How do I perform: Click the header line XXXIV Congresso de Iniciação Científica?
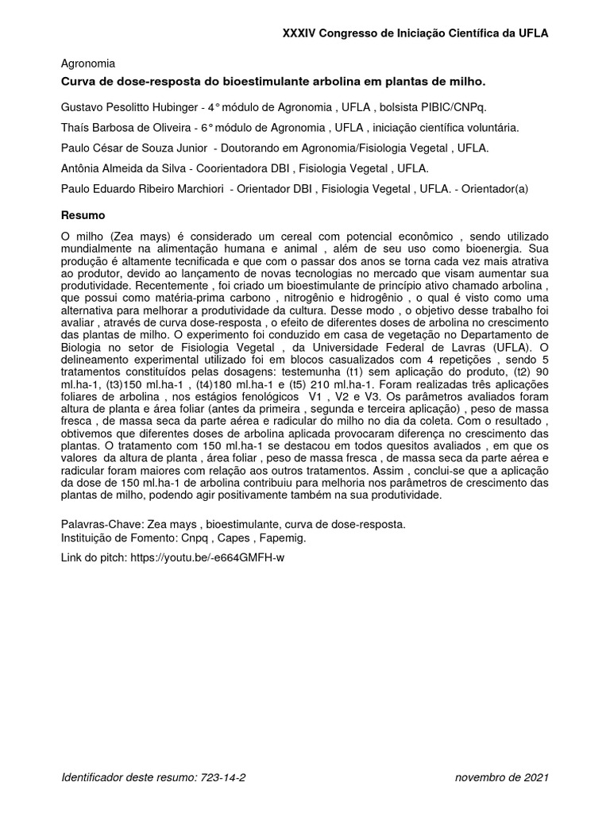point(415,33)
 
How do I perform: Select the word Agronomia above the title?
point(88,64)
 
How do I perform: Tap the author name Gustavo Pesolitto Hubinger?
point(129,106)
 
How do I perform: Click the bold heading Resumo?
point(83,215)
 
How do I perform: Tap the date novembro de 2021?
point(501,778)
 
